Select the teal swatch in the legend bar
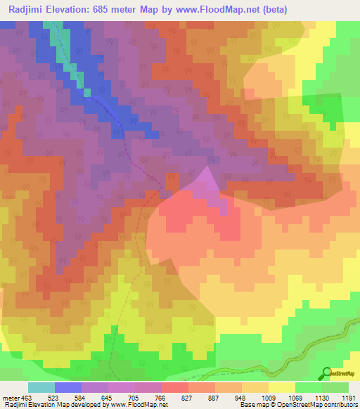pyautogui.click(x=41, y=387)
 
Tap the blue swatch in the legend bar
pyautogui.click(x=67, y=387)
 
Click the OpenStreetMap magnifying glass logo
pyautogui.click(x=326, y=372)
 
